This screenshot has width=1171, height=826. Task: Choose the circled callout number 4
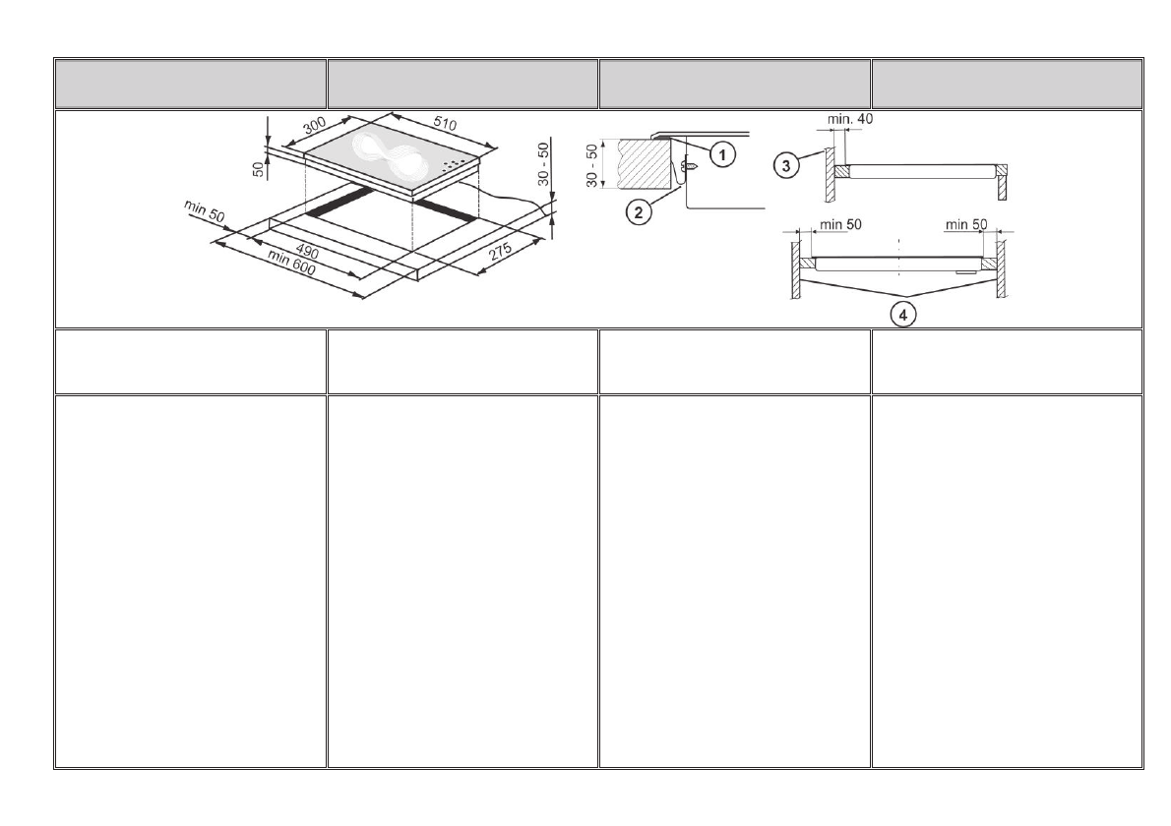[903, 315]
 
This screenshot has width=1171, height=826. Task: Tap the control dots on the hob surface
[454, 165]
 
